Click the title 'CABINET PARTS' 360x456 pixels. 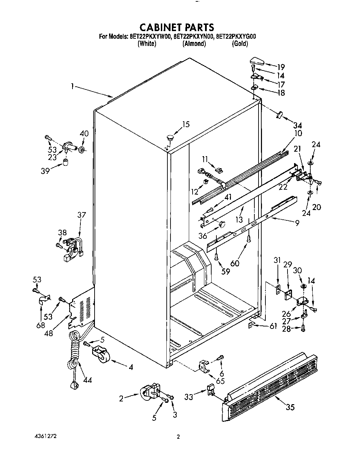[x=176, y=27]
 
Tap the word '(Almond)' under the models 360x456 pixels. [x=194, y=44]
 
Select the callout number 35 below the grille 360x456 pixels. [x=290, y=407]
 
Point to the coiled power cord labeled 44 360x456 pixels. [x=73, y=356]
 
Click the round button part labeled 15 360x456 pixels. [x=170, y=137]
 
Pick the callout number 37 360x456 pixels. [x=81, y=215]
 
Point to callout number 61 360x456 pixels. [x=273, y=326]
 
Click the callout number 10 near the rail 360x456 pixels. [x=298, y=133]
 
